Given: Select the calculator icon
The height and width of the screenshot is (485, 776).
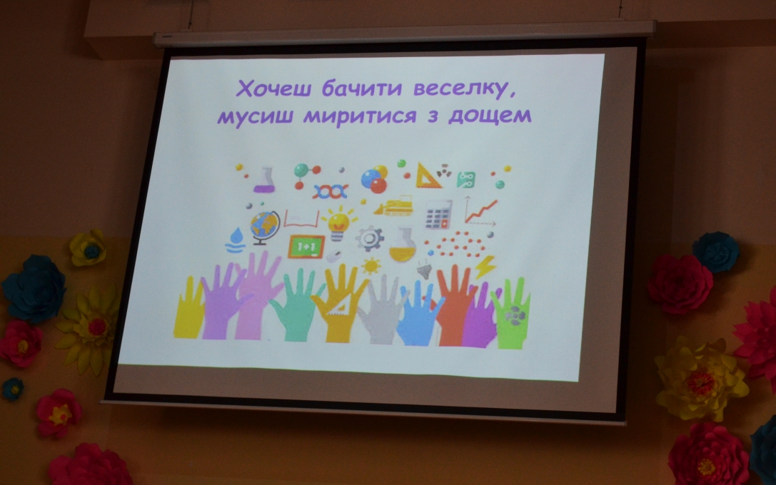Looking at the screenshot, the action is pos(438,215).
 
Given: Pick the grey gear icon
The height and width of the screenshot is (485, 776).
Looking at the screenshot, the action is pos(369,239).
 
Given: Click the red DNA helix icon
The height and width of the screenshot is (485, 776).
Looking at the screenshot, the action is pos(330,191).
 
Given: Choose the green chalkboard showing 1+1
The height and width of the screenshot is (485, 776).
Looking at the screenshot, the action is pos(306,247).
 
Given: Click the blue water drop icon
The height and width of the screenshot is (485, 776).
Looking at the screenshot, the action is pos(236,240).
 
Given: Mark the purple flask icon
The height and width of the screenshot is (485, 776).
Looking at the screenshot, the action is pos(266,180).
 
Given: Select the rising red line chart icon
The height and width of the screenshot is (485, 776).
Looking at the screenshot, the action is pos(480,211).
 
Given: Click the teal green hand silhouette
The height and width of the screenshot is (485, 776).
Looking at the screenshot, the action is pos(296,305).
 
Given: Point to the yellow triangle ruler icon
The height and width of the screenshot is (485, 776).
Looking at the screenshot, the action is pos(428,176).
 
